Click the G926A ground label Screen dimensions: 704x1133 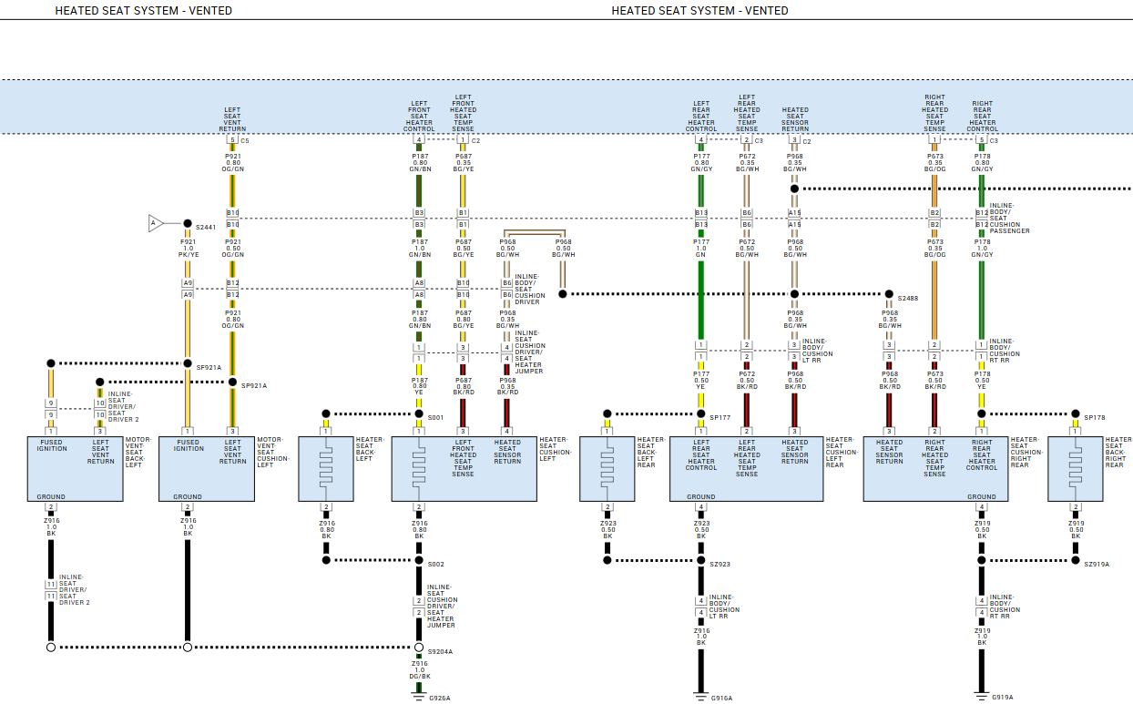(x=440, y=699)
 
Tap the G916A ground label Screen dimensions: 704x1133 (x=721, y=699)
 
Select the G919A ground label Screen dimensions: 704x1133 (x=1002, y=699)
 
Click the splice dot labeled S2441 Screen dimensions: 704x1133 (x=188, y=223)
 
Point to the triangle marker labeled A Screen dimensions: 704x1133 (x=156, y=223)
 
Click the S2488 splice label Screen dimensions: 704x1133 (x=908, y=299)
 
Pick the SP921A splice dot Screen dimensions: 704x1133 (x=232, y=382)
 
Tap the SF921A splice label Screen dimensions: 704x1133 (x=209, y=368)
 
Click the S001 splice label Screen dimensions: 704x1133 (x=435, y=418)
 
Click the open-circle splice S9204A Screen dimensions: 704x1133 (x=419, y=648)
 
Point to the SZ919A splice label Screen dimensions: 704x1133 (x=1097, y=565)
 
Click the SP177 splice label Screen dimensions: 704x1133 (x=720, y=418)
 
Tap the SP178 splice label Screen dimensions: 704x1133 (x=1094, y=418)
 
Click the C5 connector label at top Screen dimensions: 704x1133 (x=245, y=141)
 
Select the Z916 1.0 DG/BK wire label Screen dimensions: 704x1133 (x=419, y=670)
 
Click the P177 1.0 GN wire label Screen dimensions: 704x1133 (x=701, y=249)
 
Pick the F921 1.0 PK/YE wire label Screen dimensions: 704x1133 (x=188, y=249)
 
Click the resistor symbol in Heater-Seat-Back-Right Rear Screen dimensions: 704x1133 (x=1076, y=464)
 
